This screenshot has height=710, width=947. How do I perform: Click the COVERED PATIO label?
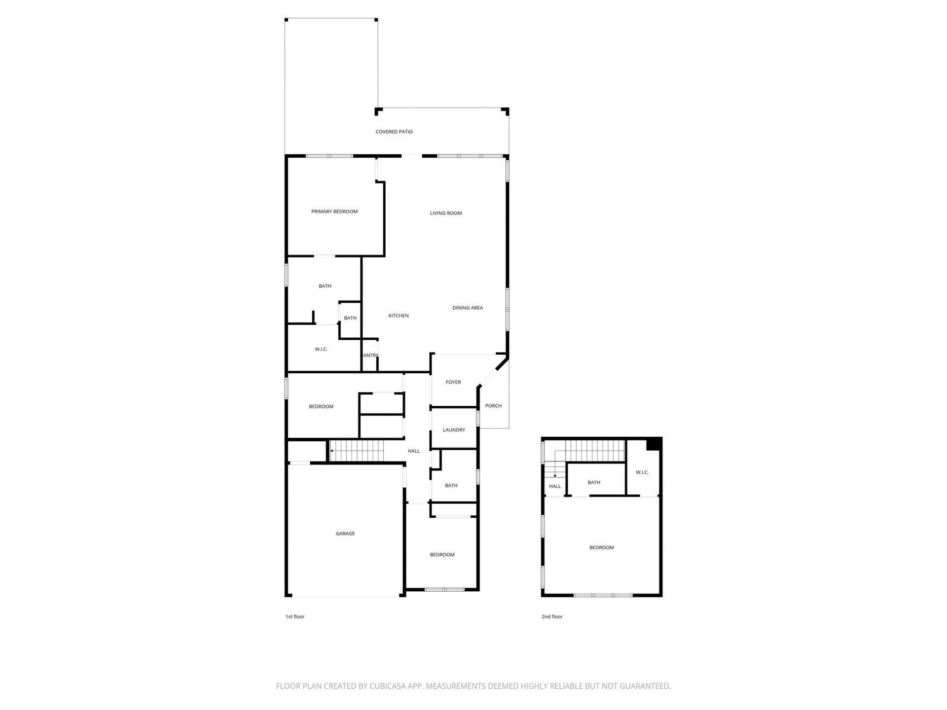point(394,132)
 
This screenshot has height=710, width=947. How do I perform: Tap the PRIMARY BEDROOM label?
point(334,212)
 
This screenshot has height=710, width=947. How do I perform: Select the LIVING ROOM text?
point(446,213)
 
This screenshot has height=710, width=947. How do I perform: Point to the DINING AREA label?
point(468,308)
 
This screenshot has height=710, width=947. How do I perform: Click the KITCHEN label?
point(399,316)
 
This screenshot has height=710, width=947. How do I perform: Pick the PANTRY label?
point(370,355)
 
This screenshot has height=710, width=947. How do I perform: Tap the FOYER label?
point(453,382)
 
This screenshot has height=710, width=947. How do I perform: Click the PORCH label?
point(493,406)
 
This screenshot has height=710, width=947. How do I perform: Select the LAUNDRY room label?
point(454,430)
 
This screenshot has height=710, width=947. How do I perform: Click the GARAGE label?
point(345,533)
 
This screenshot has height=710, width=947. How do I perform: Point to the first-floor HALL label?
point(414,451)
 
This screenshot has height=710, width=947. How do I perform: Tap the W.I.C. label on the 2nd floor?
point(642,472)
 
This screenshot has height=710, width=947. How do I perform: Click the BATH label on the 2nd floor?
point(594,482)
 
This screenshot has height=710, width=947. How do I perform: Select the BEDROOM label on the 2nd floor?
point(602,547)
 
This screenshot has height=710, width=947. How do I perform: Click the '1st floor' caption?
point(295,617)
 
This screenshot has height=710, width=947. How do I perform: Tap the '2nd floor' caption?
point(552,617)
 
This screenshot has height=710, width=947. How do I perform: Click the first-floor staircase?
point(357,451)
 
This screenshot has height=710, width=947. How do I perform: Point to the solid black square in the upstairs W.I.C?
point(654,444)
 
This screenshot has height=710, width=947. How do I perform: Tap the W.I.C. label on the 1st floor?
point(321,350)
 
